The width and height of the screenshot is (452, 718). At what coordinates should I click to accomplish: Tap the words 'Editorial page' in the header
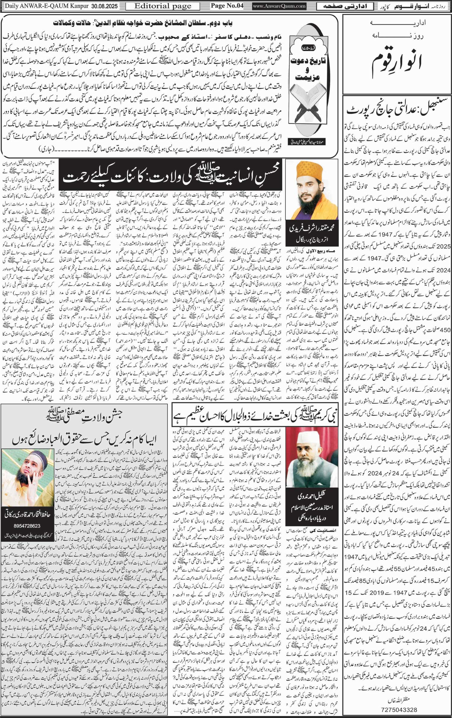[x=163, y=6]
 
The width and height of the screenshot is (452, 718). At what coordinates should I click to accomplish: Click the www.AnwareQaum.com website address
[x=279, y=6]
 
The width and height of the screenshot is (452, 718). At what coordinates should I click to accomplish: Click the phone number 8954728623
[x=27, y=517]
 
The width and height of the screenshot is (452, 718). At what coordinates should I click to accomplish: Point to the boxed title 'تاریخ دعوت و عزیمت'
[x=311, y=68]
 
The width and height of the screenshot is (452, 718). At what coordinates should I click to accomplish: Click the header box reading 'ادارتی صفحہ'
[x=345, y=6]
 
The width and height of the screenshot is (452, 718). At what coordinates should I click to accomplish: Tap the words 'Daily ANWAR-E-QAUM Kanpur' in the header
[x=44, y=6]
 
